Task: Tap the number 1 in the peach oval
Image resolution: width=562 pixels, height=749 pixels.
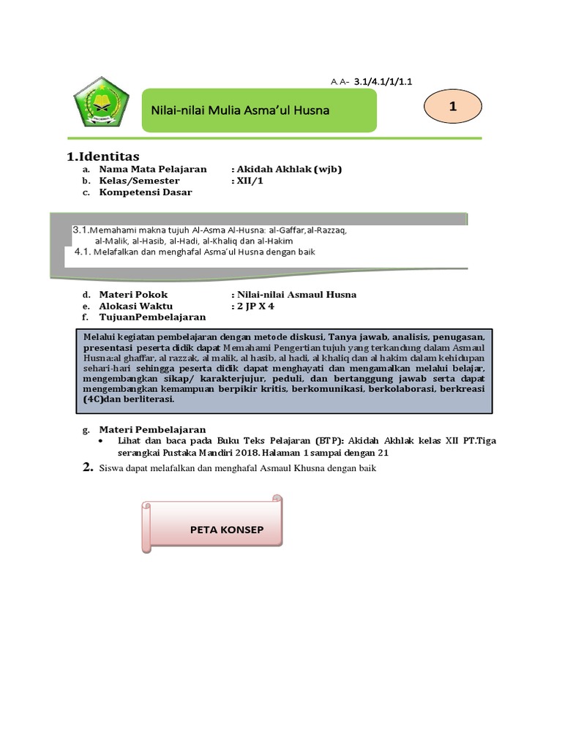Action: coord(453,107)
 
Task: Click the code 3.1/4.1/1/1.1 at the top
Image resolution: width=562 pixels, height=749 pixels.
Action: coord(383,83)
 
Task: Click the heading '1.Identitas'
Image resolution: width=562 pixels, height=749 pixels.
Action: coord(102,156)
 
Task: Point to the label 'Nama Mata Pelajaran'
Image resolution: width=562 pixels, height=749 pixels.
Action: coord(153,169)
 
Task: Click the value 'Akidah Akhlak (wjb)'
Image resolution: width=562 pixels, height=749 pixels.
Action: coord(286,169)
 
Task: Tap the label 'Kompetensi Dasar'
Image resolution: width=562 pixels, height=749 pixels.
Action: coord(146,192)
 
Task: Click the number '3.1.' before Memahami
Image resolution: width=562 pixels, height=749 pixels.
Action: coord(80,230)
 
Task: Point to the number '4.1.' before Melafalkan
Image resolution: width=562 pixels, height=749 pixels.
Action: coord(83,252)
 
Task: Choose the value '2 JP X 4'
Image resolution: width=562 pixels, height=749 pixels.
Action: coord(252,306)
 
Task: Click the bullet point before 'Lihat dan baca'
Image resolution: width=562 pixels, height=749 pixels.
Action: coord(101,442)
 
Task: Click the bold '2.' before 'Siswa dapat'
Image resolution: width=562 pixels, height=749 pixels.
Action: coord(88,467)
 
